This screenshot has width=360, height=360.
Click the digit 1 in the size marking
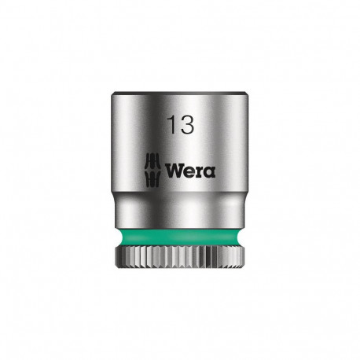170,125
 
